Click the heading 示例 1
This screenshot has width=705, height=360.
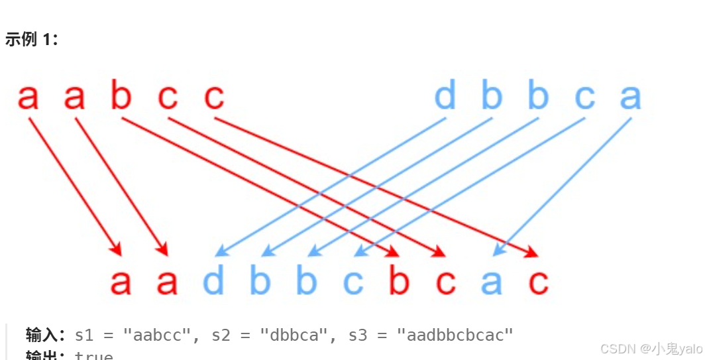pyautogui.click(x=31, y=39)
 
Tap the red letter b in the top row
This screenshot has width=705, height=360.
pyautogui.click(x=121, y=97)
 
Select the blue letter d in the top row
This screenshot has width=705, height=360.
pyautogui.click(x=445, y=97)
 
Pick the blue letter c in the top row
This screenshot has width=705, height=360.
pyautogui.click(x=584, y=97)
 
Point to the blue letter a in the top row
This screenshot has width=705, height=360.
pyautogui.click(x=630, y=97)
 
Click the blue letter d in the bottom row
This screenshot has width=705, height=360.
pyautogui.click(x=213, y=282)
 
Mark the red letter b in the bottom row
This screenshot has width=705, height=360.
pyautogui.click(x=399, y=282)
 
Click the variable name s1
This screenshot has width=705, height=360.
pyautogui.click(x=85, y=335)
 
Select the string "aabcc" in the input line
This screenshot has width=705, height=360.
pyautogui.click(x=156, y=335)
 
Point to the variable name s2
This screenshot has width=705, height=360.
pyautogui.click(x=222, y=335)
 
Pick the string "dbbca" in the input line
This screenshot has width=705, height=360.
pyautogui.click(x=294, y=335)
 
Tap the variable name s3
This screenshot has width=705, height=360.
pyautogui.click(x=359, y=335)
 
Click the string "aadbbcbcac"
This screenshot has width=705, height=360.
pyautogui.click(x=455, y=335)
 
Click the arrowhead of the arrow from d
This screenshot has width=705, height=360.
pyautogui.click(x=220, y=253)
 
